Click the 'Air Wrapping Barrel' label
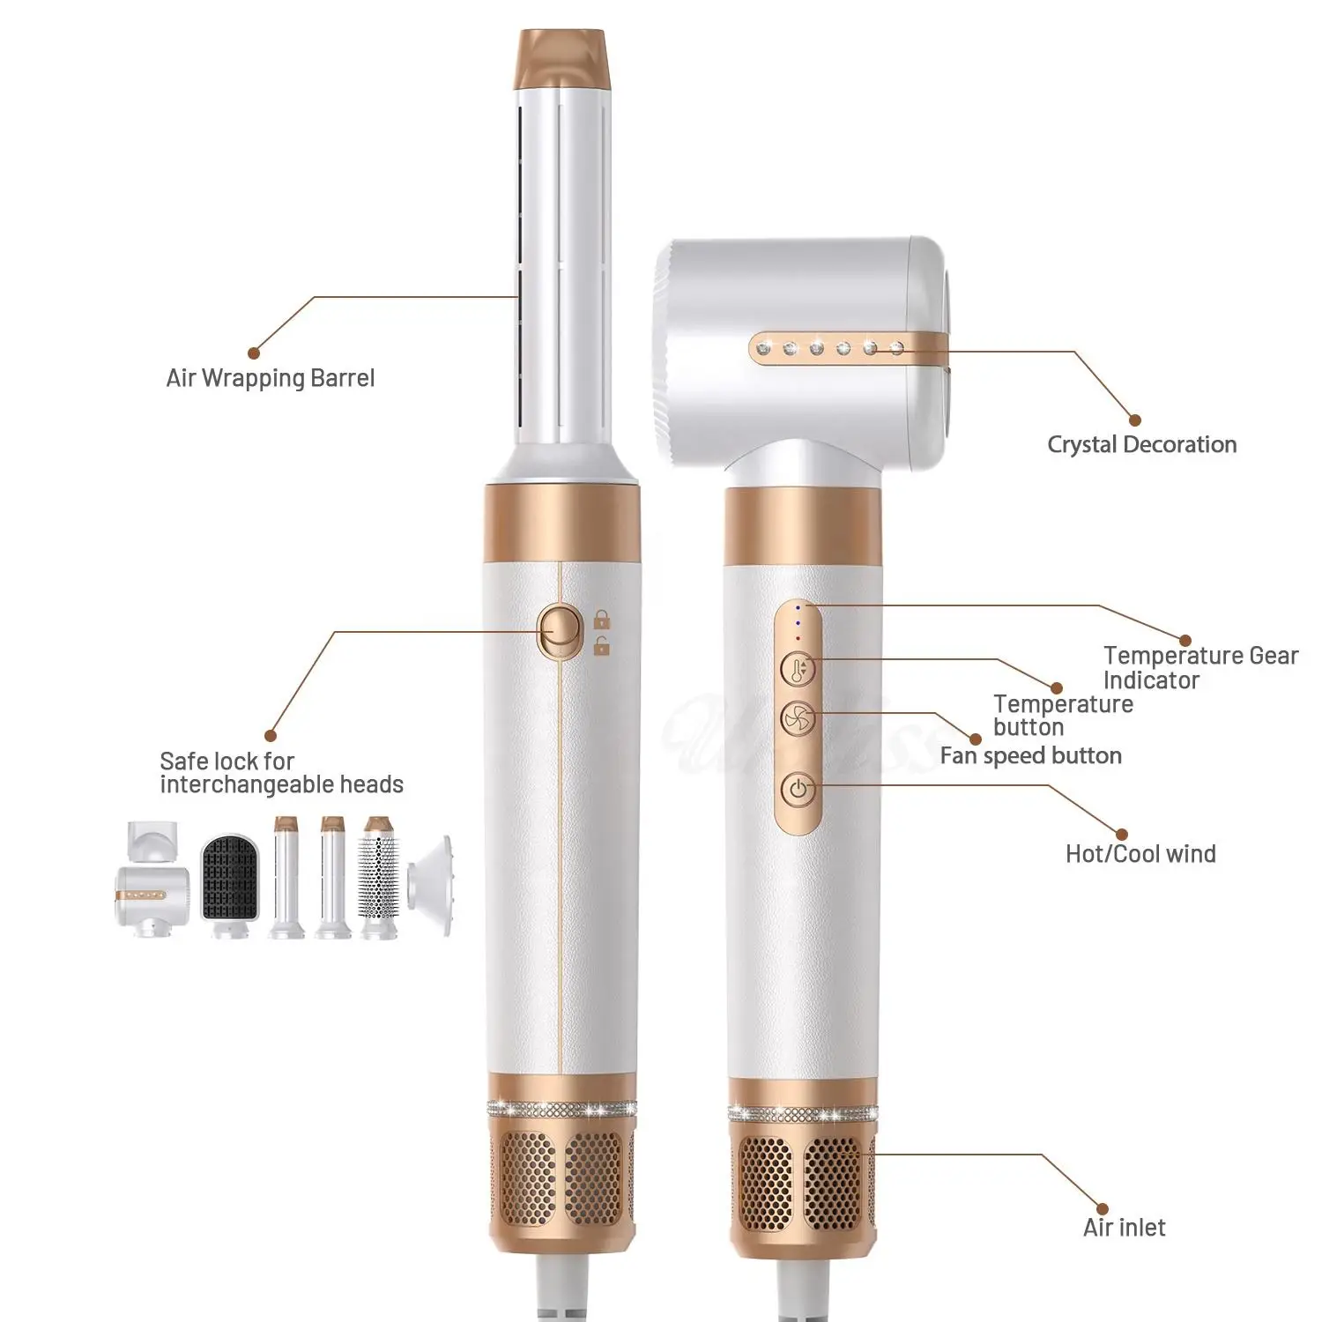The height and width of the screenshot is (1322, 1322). click(271, 378)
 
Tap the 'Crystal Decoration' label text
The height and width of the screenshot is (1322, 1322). click(1141, 444)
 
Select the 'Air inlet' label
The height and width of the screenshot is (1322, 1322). click(1124, 1228)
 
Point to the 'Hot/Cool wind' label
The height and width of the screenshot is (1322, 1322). click(1140, 853)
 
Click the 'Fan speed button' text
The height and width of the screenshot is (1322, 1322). click(1030, 755)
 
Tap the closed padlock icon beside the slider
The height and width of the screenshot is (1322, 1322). click(602, 620)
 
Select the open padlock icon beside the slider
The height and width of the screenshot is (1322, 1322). click(602, 647)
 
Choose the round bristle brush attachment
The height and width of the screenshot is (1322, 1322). click(378, 877)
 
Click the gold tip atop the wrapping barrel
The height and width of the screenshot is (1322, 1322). click(562, 58)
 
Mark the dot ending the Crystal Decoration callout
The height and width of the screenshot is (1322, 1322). click(1134, 420)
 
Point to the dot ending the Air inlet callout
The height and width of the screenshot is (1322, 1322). click(1102, 1208)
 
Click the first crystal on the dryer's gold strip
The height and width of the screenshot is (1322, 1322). click(763, 348)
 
